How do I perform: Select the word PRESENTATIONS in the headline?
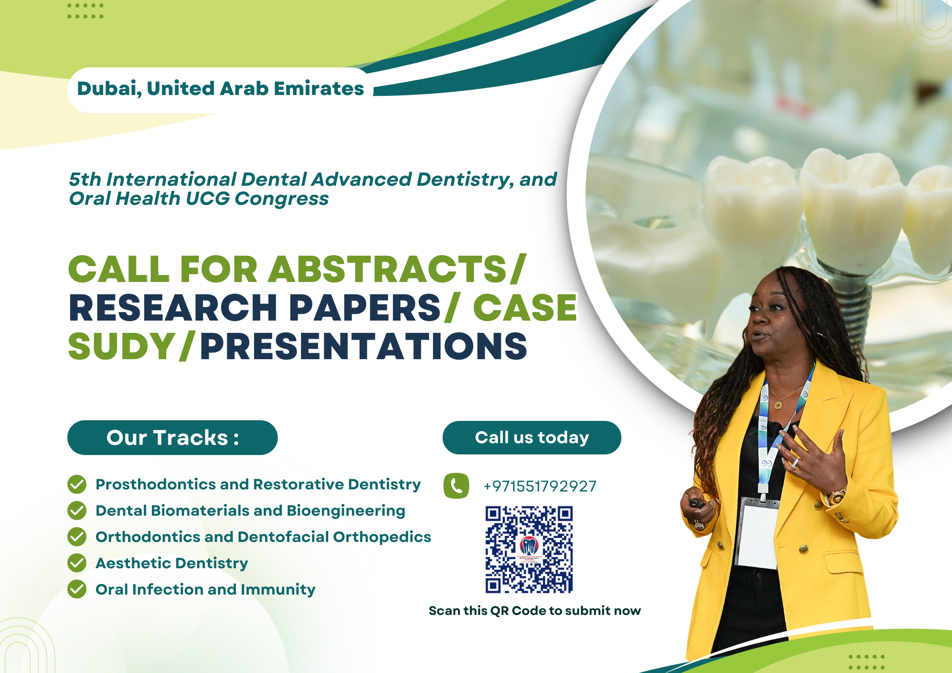click(364, 346)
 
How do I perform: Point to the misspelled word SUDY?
click(122, 346)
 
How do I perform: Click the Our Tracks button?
click(173, 438)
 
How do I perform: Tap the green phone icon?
click(456, 486)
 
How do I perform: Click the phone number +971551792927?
click(540, 486)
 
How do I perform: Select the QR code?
click(529, 549)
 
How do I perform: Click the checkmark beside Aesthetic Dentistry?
click(77, 563)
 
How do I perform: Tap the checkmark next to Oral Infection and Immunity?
click(77, 589)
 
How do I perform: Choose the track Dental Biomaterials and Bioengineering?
click(250, 511)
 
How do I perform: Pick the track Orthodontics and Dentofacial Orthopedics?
click(263, 537)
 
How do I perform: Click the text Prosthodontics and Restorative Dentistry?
click(258, 485)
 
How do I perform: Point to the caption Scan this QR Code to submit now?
click(535, 611)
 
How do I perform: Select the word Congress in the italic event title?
click(282, 198)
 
